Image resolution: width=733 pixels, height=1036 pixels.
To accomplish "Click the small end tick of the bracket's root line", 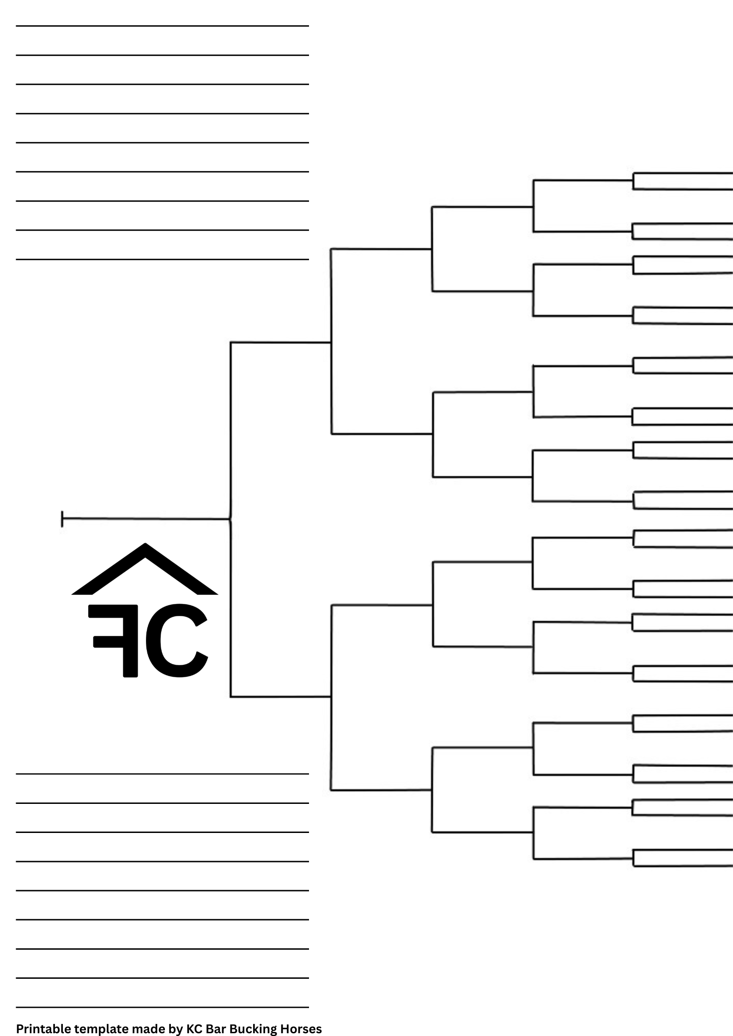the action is pyautogui.click(x=62, y=519).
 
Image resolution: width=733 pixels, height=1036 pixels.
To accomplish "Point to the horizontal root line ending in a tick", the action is pyautogui.click(x=146, y=519).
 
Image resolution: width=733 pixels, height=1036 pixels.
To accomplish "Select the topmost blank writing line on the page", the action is pyautogui.click(x=162, y=26).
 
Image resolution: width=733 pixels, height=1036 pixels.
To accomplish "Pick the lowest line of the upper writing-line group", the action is pyautogui.click(x=162, y=259).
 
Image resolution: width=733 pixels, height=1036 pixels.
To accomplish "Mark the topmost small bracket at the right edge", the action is pyautogui.click(x=681, y=181).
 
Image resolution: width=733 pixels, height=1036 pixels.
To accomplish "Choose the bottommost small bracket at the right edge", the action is pyautogui.click(x=681, y=858).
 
